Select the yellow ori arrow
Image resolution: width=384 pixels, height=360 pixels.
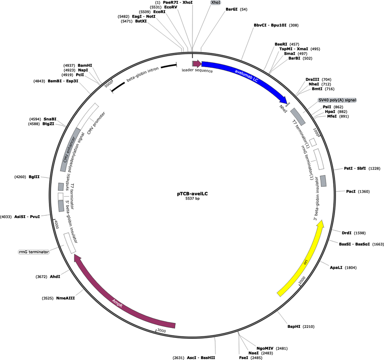305,260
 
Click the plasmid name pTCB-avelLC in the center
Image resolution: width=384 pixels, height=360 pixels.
192,194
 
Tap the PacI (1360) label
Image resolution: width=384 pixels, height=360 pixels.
351,191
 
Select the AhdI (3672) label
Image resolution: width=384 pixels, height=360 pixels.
55,276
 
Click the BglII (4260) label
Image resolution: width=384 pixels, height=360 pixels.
34,177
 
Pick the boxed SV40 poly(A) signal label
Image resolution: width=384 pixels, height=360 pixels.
337,99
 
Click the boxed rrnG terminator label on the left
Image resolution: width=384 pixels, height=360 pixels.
34,252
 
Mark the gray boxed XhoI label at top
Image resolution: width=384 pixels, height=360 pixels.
216,2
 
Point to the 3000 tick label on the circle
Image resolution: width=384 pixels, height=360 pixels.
162,331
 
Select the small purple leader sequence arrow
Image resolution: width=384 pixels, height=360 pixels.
197,64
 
